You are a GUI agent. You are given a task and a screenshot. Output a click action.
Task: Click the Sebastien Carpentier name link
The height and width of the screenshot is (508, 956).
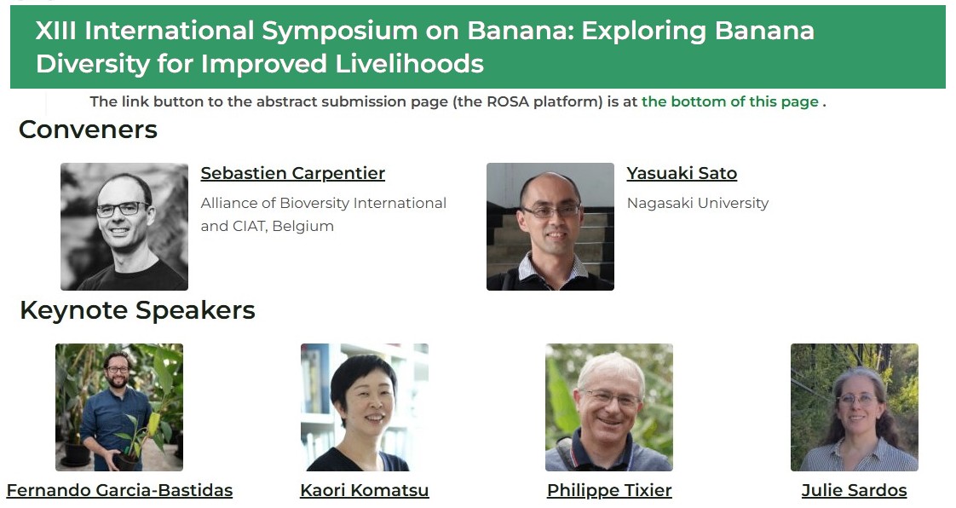pyautogui.click(x=292, y=173)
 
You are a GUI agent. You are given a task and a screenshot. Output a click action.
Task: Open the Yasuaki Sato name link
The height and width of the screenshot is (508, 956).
pyautogui.click(x=682, y=173)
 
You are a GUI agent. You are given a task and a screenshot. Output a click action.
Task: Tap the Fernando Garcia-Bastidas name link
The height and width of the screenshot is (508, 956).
pyautogui.click(x=119, y=490)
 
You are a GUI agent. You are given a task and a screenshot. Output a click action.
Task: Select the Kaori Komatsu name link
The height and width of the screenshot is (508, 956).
pyautogui.click(x=365, y=490)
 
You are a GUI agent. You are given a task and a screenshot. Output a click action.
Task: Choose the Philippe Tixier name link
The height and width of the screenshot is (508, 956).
pyautogui.click(x=609, y=490)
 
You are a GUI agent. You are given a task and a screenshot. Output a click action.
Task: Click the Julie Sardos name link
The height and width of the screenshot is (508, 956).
pyautogui.click(x=855, y=490)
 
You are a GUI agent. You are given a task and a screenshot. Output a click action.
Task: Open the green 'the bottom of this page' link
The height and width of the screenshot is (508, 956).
pyautogui.click(x=730, y=101)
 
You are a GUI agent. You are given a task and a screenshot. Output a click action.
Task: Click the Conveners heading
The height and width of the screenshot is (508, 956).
pyautogui.click(x=89, y=130)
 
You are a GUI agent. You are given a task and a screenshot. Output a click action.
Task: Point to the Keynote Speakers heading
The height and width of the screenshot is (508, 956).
pyautogui.click(x=137, y=310)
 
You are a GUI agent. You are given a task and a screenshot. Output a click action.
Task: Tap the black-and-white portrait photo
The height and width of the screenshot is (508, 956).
pyautogui.click(x=124, y=226)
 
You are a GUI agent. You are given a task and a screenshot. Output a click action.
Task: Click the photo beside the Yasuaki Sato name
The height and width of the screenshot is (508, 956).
pyautogui.click(x=550, y=226)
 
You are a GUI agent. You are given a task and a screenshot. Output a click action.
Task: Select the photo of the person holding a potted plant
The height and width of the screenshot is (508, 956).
pyautogui.click(x=119, y=407)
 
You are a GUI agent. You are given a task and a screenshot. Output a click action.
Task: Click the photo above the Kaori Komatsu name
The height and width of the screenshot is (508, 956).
pyautogui.click(x=365, y=407)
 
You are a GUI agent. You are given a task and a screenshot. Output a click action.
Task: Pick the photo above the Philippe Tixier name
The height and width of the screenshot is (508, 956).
pyautogui.click(x=609, y=407)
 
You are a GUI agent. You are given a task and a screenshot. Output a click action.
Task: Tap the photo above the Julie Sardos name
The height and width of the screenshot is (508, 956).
pyautogui.click(x=855, y=407)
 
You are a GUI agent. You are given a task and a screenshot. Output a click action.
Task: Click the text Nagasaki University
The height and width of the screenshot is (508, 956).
pyautogui.click(x=698, y=203)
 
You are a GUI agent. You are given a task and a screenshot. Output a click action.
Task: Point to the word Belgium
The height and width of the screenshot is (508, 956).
pyautogui.click(x=303, y=226)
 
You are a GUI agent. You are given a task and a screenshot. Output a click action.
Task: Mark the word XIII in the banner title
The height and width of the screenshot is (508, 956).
pyautogui.click(x=55, y=31)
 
